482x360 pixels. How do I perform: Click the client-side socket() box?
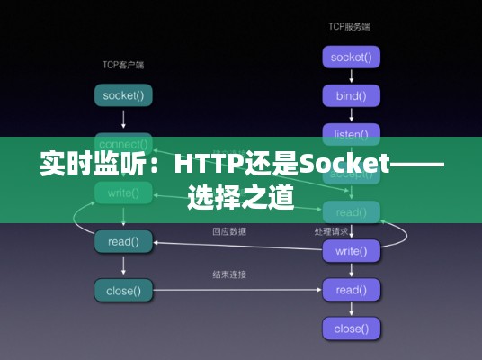pos(123,94)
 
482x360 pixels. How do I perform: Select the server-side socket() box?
pos(351,58)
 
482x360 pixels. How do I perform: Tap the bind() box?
pos(351,95)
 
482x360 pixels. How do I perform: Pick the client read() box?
pos(123,241)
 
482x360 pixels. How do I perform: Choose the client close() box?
pos(123,290)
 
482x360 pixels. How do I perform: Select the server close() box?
pos(351,328)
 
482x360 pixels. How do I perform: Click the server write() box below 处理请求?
pos(351,251)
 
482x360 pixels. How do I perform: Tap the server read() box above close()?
pos(351,290)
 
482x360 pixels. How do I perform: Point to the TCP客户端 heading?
pos(123,65)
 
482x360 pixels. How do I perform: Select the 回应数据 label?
pos(229,231)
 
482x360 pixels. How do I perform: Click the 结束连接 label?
pos(229,274)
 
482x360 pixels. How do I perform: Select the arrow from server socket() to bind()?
pos(351,76)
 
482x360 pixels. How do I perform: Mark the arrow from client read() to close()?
pos(123,265)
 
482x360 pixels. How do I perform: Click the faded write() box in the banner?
pos(123,192)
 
